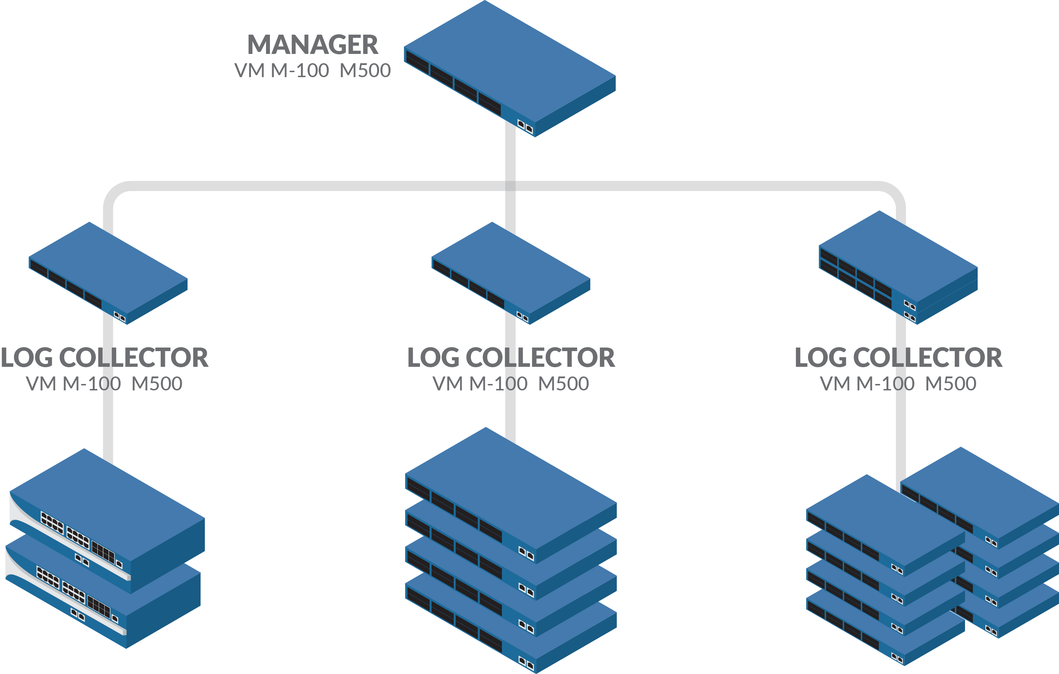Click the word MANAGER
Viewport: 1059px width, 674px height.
(x=313, y=45)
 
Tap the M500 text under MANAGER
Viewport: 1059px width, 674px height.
(x=365, y=70)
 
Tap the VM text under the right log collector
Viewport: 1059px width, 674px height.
(x=835, y=384)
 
